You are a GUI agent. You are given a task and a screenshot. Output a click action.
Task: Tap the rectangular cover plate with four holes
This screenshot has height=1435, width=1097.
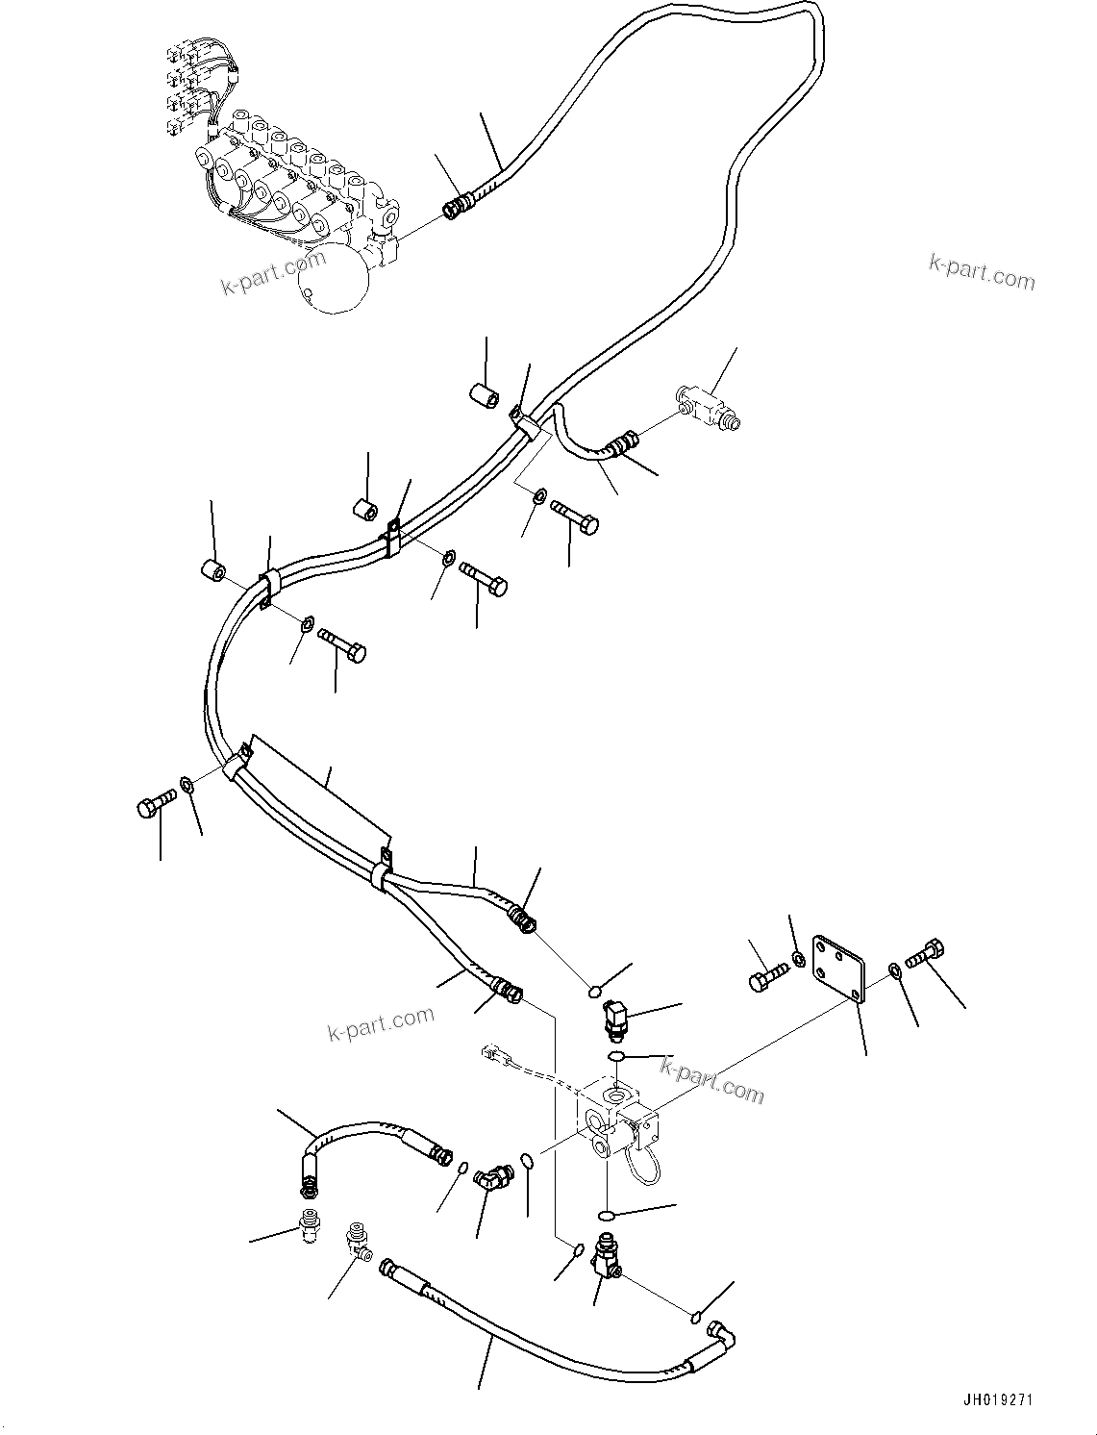click(839, 966)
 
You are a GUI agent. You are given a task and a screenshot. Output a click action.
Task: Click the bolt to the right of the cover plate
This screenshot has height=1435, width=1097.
click(927, 954)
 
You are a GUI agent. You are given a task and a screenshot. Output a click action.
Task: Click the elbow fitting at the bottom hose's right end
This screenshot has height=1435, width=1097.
click(722, 1334)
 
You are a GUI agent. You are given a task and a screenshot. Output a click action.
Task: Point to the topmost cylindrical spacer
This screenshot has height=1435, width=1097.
click(484, 393)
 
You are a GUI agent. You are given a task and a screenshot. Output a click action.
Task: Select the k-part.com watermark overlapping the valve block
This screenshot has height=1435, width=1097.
click(711, 1079)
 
